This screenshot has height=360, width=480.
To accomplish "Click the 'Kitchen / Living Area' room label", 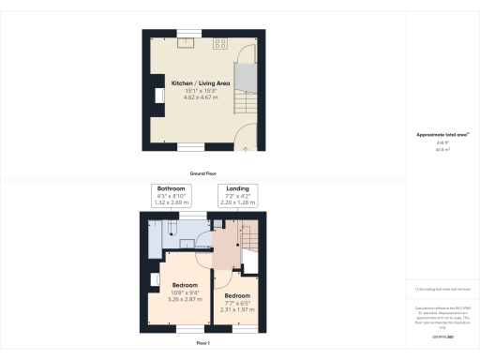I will pyautogui.click(x=200, y=83).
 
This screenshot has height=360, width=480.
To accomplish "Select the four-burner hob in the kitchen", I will pyautogui.click(x=221, y=42).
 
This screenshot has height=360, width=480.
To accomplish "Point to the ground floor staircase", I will pyautogui.click(x=243, y=88).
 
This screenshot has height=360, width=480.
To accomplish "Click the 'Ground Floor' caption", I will pyautogui.click(x=204, y=173).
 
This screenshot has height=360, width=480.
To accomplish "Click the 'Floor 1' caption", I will pyautogui.click(x=203, y=343).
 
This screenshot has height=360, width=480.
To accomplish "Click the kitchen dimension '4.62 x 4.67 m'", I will pyautogui.click(x=200, y=97).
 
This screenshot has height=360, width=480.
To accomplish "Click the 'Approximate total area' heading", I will pyautogui.click(x=442, y=135).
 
